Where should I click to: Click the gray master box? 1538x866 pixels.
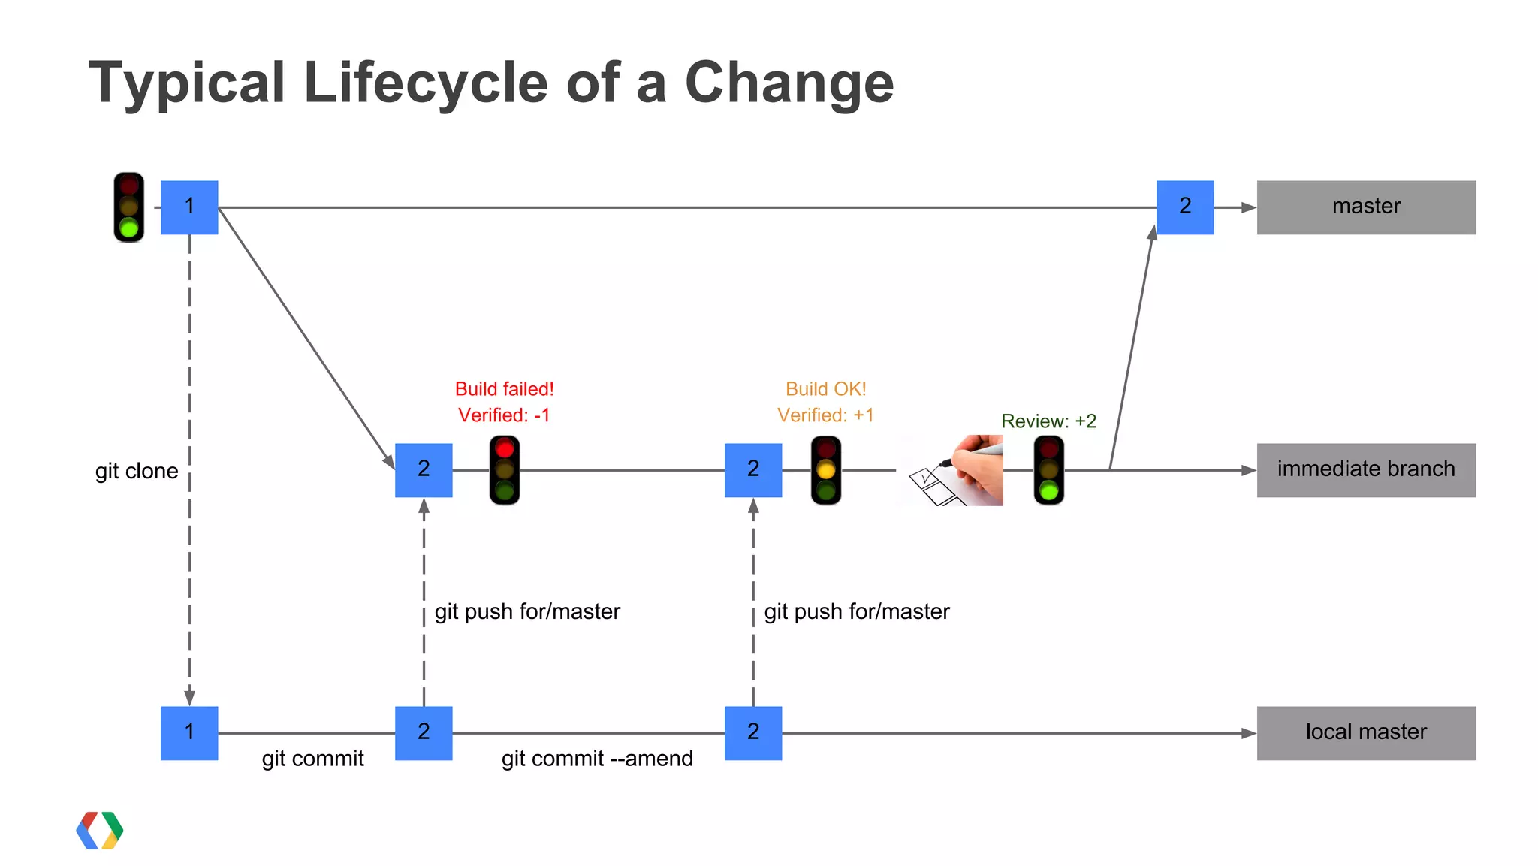(x=1365, y=207)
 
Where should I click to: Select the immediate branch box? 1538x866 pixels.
(x=1365, y=470)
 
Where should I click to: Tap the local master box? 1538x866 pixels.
(x=1365, y=733)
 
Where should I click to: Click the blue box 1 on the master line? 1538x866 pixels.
(x=189, y=207)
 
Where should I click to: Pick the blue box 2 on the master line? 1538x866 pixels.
(x=1184, y=207)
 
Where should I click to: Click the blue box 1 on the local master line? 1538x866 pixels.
(x=189, y=733)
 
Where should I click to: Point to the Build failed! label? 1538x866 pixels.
(x=504, y=389)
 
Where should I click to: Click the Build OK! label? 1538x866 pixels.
(x=825, y=389)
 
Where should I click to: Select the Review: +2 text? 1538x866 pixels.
(x=1048, y=421)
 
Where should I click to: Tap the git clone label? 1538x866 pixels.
(x=137, y=471)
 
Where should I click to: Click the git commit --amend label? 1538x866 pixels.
(x=597, y=759)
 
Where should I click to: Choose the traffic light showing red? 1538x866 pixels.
(x=505, y=470)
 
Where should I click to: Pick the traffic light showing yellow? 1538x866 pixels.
(x=826, y=470)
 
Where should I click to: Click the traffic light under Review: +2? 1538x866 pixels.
(x=1049, y=470)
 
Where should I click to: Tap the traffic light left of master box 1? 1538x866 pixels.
(x=129, y=207)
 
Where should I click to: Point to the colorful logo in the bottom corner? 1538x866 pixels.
(x=100, y=831)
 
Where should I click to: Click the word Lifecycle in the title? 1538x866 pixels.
(x=426, y=83)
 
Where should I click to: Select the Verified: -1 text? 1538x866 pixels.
(x=504, y=415)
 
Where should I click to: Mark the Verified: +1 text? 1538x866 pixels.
(x=825, y=415)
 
